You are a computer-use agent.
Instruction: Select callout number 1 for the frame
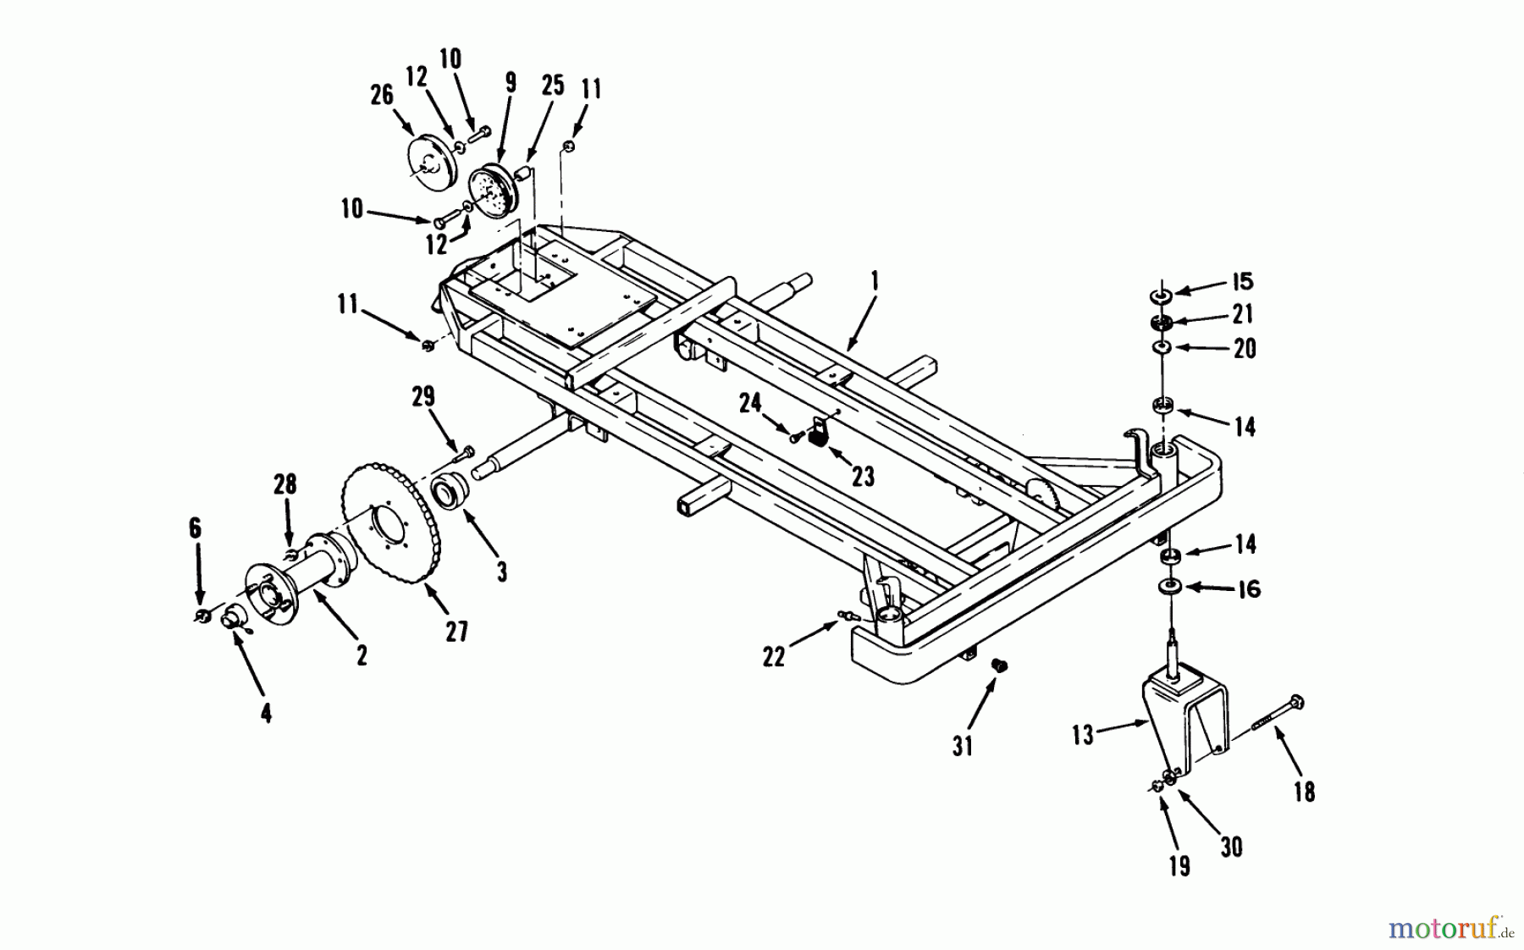875,280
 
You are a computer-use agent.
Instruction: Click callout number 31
963,745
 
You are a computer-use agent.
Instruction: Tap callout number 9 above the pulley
510,83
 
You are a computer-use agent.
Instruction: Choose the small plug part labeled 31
1000,666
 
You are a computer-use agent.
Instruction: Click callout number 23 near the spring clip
862,477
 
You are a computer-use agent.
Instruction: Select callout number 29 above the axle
423,395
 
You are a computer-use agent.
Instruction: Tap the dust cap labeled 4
230,620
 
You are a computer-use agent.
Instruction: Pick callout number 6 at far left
195,528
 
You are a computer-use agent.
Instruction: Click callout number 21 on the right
1242,314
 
